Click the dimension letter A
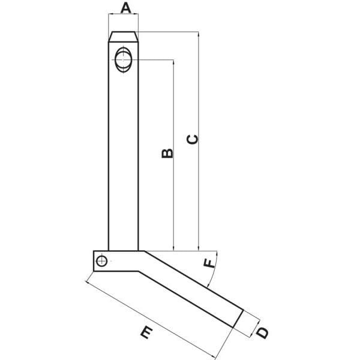[x=125, y=8]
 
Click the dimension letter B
[x=167, y=154]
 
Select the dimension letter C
[x=193, y=140]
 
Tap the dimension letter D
[x=262, y=332]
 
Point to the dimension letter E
[x=146, y=332]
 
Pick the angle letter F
[x=209, y=263]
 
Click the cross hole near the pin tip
[x=124, y=59]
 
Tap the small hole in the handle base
[x=101, y=261]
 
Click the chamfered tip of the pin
[x=124, y=37]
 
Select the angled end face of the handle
[x=238, y=319]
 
